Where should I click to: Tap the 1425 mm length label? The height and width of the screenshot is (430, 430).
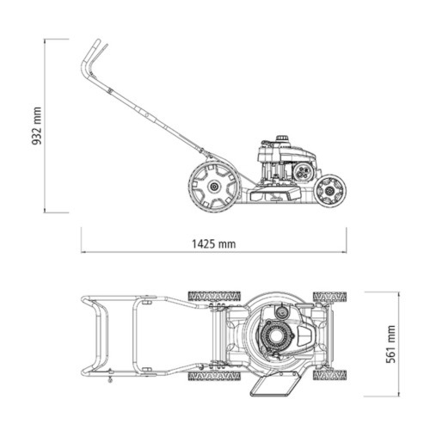pyautogui.click(x=213, y=243)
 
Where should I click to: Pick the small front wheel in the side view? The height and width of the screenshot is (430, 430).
pyautogui.click(x=329, y=189)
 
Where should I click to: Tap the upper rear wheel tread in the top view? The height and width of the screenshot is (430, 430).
pyautogui.click(x=213, y=297)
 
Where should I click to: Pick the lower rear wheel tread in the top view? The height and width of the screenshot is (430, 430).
pyautogui.click(x=213, y=376)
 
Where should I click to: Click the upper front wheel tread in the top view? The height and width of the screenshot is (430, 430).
pyautogui.click(x=332, y=297)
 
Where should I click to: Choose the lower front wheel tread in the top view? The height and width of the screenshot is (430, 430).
pyautogui.click(x=332, y=376)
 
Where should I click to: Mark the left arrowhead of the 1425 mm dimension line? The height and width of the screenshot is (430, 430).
pyautogui.click(x=84, y=254)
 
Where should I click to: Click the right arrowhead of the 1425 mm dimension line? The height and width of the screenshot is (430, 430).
pyautogui.click(x=347, y=254)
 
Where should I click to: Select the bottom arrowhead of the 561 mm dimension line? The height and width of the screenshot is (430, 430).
pyautogui.click(x=402, y=379)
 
